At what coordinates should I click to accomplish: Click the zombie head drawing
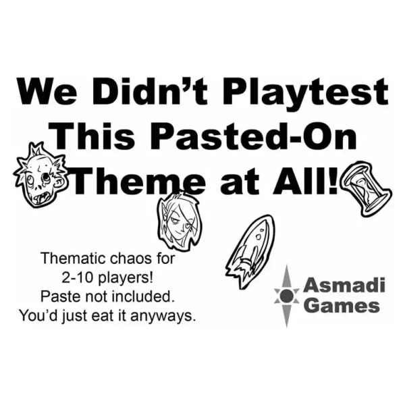(x=40, y=175)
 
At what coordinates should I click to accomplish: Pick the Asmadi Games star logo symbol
(x=286, y=296)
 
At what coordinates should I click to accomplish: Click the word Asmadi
(x=344, y=285)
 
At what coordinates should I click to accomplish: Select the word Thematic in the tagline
(x=74, y=259)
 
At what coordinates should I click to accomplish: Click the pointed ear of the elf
(x=162, y=209)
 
